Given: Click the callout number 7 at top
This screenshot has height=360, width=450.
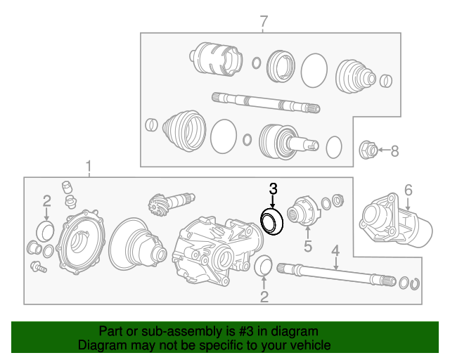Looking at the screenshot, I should [264, 21].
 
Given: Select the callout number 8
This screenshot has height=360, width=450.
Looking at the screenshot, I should [394, 150].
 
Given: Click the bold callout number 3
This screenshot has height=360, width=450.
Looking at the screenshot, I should [273, 188].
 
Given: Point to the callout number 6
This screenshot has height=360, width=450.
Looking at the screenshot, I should [408, 189].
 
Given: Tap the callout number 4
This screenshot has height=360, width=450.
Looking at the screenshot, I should [335, 249].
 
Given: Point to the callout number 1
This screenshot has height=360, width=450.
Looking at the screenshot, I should [89, 166].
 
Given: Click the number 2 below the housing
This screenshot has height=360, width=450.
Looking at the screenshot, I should [264, 297].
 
